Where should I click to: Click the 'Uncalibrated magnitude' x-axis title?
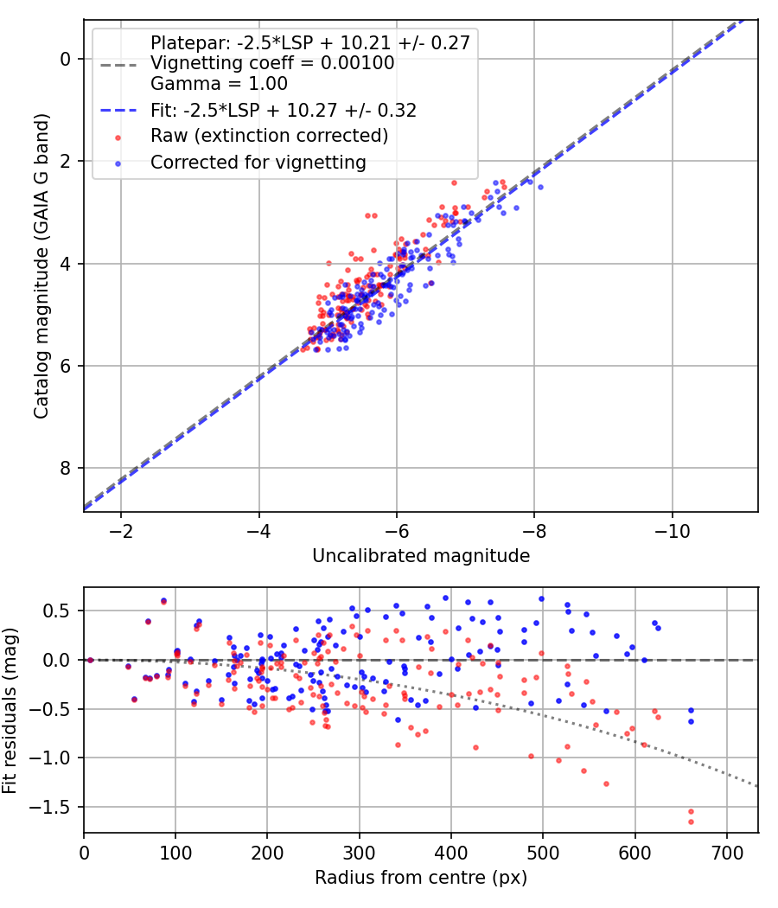pos(421,556)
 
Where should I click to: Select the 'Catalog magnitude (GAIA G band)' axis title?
pos(41,265)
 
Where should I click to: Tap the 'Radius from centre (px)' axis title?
pos(421,878)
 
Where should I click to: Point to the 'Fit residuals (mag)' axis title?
pos(10,711)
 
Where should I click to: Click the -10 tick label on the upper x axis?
pos(672,531)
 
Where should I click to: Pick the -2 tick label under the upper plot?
pos(121,531)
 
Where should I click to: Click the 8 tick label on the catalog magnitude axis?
pos(65,468)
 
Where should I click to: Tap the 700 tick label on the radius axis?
pos(726,853)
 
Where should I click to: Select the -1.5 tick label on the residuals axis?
pos(54,807)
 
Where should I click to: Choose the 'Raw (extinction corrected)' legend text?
pos(269,136)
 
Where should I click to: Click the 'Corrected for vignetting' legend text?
pos(258,163)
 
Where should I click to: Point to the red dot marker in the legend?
pos(118,137)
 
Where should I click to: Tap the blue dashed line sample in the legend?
pos(118,110)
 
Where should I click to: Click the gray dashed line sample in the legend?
pos(118,65)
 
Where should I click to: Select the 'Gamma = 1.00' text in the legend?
pos(219,83)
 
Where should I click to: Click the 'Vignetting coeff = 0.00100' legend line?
pos(272,62)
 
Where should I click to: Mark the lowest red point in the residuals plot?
pos(691,822)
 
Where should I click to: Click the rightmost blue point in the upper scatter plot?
pos(540,187)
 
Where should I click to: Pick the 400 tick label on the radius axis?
pos(451,853)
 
